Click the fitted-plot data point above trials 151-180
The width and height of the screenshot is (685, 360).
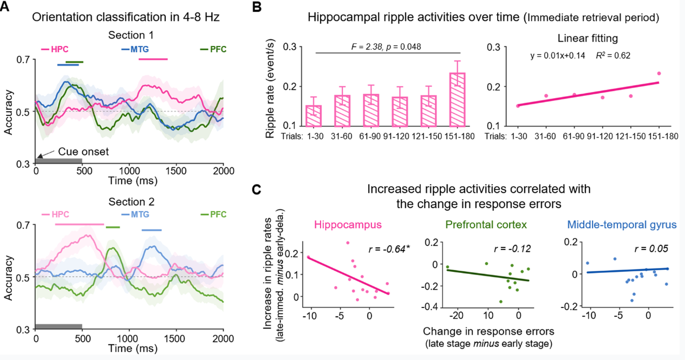[x=659, y=74]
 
